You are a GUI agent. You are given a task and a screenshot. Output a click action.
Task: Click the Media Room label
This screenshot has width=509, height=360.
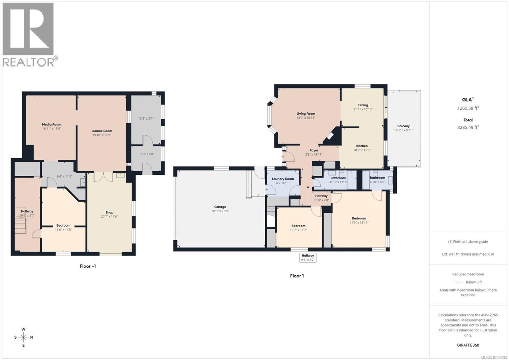[52, 124]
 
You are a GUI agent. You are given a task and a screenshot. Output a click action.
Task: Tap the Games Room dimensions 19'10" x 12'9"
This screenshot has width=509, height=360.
[101, 135]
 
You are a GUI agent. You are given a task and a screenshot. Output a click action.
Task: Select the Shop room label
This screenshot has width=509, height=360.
[109, 212]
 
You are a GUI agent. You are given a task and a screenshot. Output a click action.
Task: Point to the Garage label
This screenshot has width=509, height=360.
[220, 207]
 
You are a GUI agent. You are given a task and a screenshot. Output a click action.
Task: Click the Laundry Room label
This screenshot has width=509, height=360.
[283, 179]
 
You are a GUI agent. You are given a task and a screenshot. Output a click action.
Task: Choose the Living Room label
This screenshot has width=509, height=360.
[306, 114]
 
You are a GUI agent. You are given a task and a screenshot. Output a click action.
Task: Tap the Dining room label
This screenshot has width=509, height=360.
[363, 105]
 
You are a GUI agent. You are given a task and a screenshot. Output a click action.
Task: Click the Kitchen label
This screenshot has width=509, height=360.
[362, 146]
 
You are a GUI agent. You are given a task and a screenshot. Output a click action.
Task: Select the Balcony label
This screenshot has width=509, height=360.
[403, 126]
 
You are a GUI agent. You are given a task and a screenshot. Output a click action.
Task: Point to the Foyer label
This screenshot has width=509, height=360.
[314, 150]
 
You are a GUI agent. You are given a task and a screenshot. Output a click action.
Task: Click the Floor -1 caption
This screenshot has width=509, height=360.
[87, 266]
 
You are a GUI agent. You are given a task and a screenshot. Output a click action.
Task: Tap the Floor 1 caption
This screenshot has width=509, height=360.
[297, 276]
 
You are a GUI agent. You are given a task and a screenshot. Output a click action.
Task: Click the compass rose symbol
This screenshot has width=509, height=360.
[24, 337]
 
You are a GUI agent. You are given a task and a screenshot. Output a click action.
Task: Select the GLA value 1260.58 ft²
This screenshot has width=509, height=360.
[468, 108]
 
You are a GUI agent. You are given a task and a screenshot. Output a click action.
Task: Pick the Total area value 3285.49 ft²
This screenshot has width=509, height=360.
[468, 127]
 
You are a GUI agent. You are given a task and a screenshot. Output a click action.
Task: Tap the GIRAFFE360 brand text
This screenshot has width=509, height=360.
[468, 345]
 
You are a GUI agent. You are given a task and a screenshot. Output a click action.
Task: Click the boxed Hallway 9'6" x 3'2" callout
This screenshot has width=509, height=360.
[308, 258]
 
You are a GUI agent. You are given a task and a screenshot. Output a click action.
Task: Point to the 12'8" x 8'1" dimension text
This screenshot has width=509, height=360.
[146, 118]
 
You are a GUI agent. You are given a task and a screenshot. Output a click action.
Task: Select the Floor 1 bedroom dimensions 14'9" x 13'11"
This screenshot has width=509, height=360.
[359, 222]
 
